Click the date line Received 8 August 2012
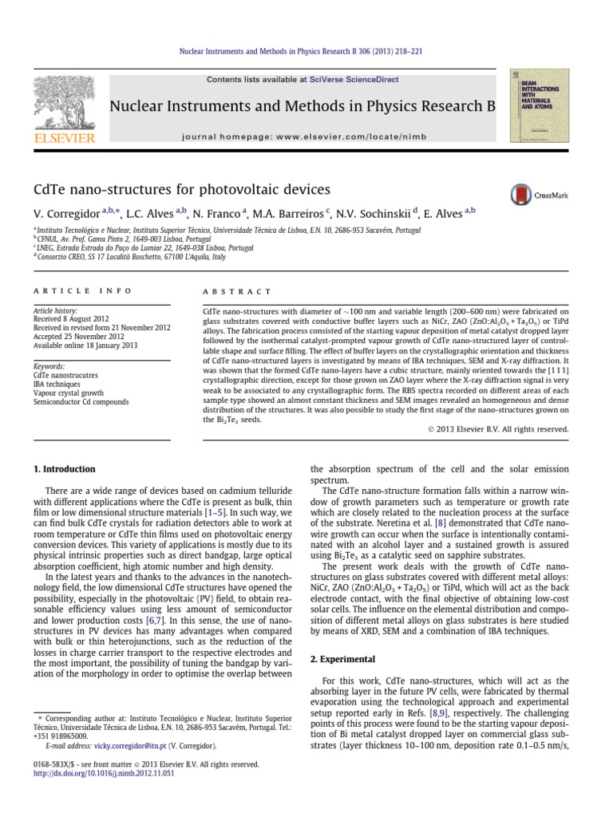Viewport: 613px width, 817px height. tap(70, 318)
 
